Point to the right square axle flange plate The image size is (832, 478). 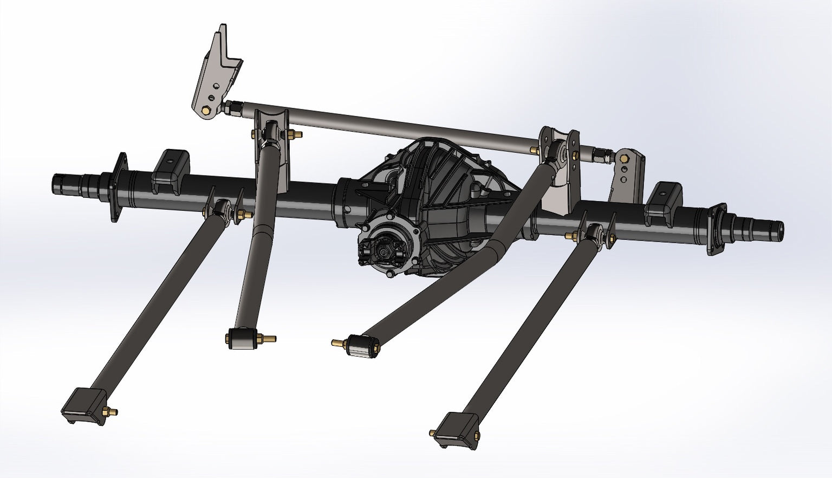(717, 228)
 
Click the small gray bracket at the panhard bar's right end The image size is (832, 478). (627, 173)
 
